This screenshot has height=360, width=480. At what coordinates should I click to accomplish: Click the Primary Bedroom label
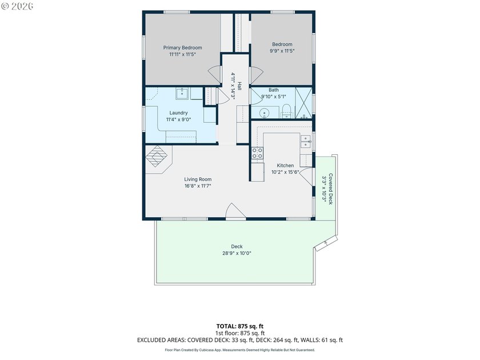click(x=182, y=48)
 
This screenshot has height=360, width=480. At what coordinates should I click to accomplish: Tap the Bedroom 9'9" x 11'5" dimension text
click(x=282, y=51)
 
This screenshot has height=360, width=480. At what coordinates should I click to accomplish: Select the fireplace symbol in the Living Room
click(x=157, y=156)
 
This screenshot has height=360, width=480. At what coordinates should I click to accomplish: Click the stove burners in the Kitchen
click(x=257, y=153)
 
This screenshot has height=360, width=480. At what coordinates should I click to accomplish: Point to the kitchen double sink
click(x=306, y=142)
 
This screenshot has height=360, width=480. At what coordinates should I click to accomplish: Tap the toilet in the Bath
click(x=286, y=111)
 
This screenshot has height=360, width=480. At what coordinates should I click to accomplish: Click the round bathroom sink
click(x=264, y=114)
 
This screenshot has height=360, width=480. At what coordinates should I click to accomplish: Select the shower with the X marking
click(x=303, y=103)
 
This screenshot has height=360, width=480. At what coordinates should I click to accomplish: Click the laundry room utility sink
click(x=183, y=93)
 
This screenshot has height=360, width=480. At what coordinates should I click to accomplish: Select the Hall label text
click(x=239, y=86)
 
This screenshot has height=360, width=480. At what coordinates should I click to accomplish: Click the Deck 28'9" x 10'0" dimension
click(x=237, y=254)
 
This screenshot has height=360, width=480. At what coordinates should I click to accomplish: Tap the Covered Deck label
click(x=331, y=189)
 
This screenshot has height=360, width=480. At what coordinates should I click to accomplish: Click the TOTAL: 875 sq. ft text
click(x=239, y=326)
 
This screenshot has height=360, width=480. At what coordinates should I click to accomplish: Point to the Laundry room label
click(x=178, y=113)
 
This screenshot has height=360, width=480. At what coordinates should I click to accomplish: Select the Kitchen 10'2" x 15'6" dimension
click(x=285, y=173)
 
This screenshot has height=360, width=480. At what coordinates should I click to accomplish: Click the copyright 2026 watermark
click(x=17, y=6)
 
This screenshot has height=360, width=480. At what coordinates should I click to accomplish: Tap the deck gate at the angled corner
click(x=326, y=243)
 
